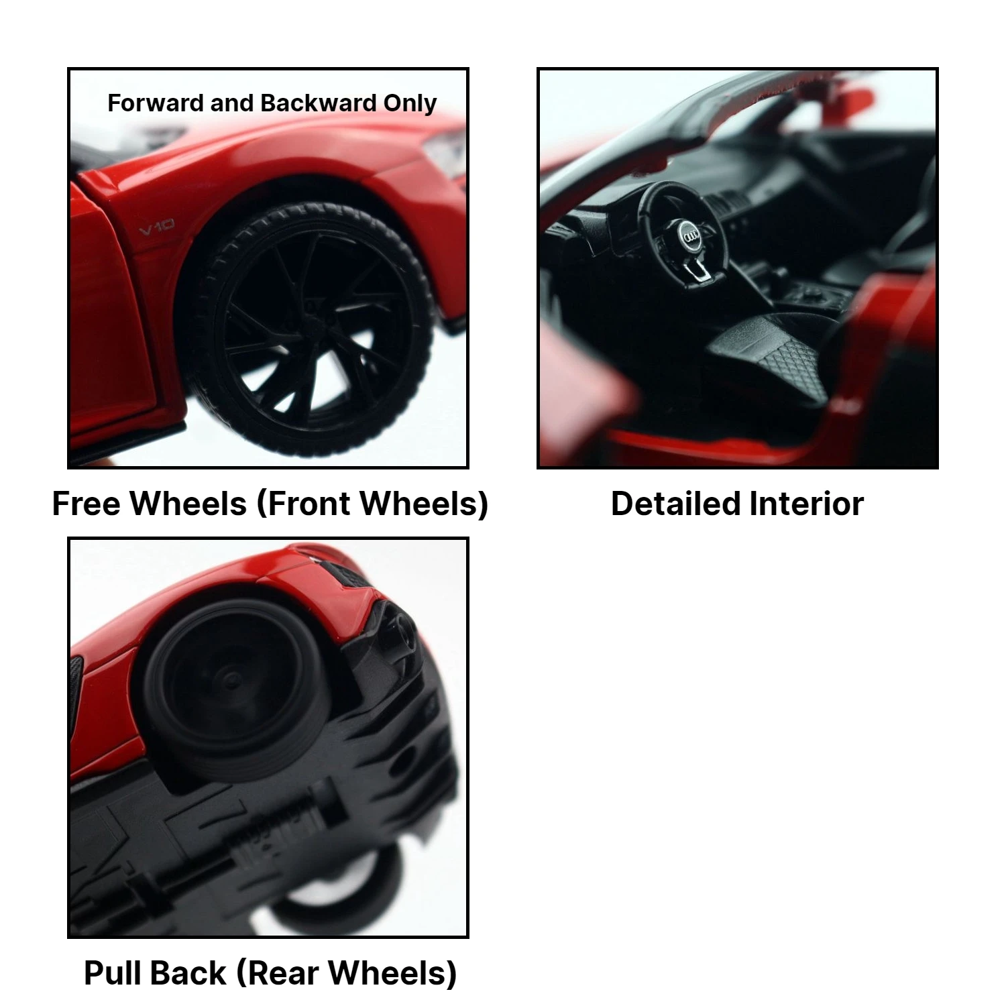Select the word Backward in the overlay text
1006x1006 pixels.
click(319, 103)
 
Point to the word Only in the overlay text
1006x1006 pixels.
click(410, 104)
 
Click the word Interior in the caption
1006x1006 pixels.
click(807, 504)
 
